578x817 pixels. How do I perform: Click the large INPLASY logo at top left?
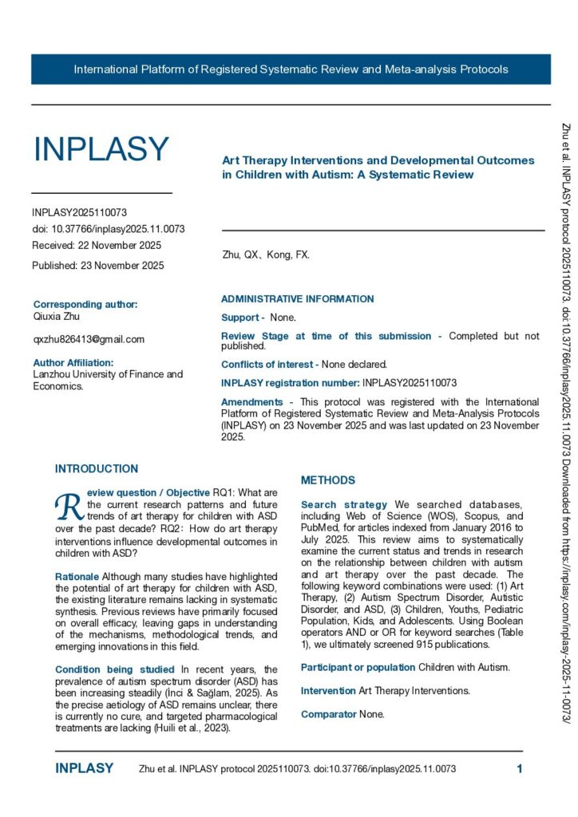tap(101, 149)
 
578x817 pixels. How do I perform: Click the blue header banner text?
tap(291, 69)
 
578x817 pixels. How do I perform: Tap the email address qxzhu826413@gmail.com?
tap(89, 339)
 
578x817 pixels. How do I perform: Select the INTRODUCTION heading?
tap(97, 468)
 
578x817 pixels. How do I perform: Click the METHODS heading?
tap(328, 480)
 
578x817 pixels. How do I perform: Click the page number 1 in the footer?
tap(520, 769)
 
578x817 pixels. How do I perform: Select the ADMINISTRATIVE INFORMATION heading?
tap(297, 299)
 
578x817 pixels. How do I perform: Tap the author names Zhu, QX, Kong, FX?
tap(266, 255)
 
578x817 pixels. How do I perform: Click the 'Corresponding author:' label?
tap(85, 304)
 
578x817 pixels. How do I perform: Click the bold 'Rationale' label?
tap(77, 576)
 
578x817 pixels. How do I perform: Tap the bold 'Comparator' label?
tap(328, 714)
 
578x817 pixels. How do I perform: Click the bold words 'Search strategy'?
tap(344, 504)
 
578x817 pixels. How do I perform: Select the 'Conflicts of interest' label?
tap(263, 364)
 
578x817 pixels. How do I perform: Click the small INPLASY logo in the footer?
tap(84, 769)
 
